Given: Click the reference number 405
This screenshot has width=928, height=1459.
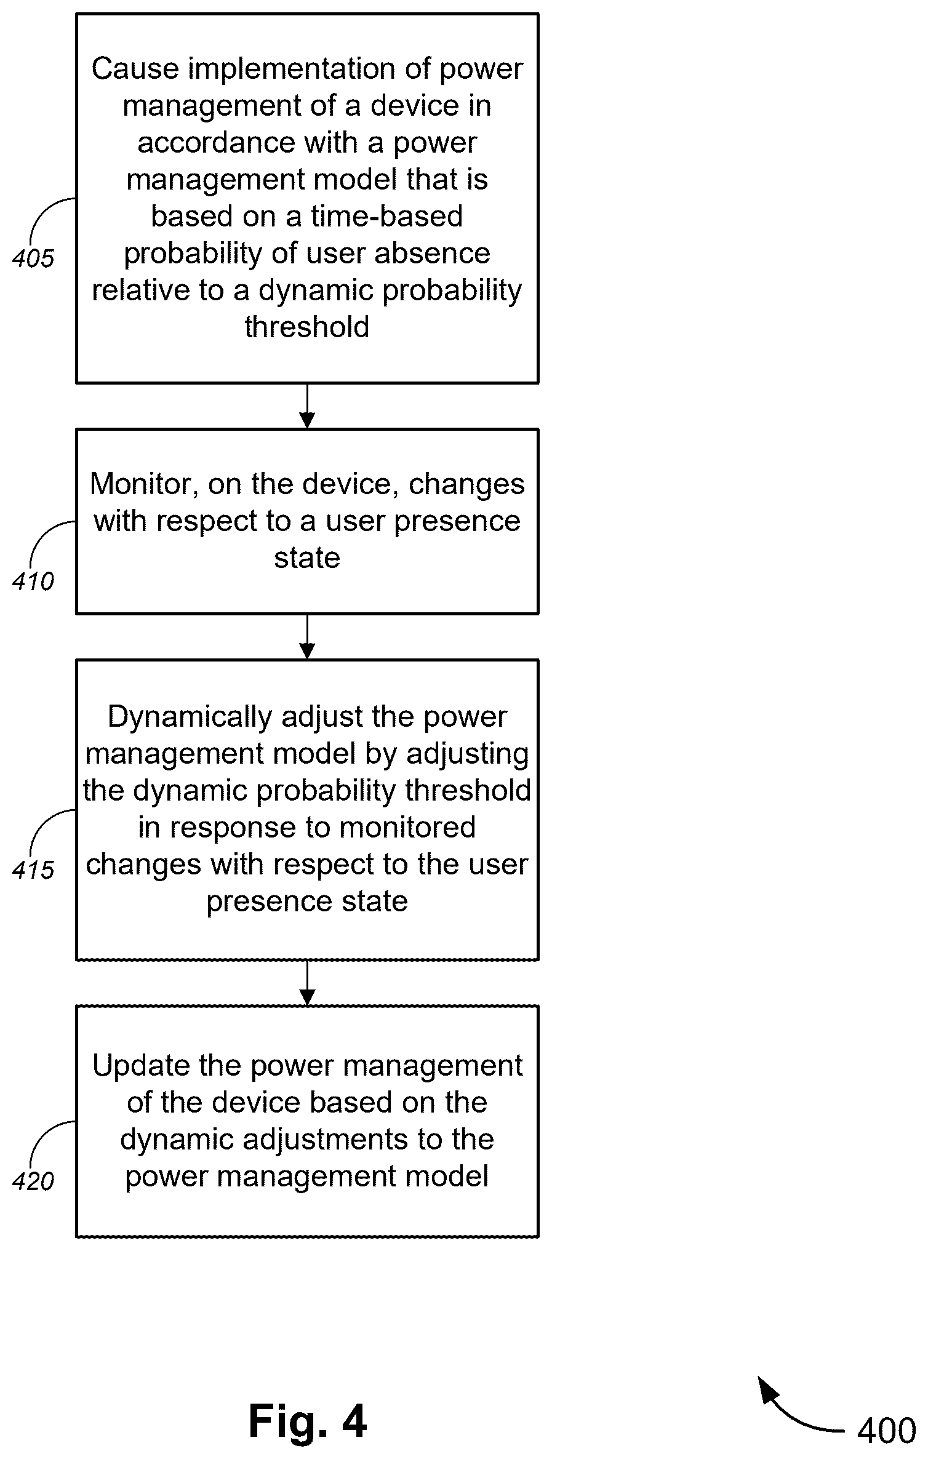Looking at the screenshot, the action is tap(33, 258).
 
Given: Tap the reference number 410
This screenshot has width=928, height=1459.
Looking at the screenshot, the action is tap(33, 581).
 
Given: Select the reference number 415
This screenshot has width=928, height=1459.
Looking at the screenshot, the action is tap(33, 869).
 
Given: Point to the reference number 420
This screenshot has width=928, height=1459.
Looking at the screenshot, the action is tap(33, 1181).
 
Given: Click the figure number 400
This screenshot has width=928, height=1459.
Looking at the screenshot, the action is tap(886, 1431).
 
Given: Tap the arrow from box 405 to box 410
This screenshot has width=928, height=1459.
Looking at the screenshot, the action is tap(307, 406).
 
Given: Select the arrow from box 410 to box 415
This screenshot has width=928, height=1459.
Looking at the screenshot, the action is tap(307, 637).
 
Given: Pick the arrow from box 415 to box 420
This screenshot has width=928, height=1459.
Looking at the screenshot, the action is tap(307, 983).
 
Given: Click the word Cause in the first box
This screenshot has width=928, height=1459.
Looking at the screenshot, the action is tap(135, 68).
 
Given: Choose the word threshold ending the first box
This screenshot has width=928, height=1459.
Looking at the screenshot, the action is tap(307, 327).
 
